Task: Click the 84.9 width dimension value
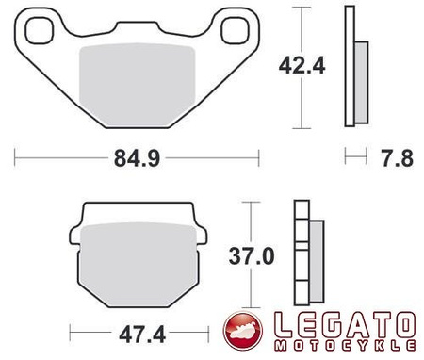coord(134,157)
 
